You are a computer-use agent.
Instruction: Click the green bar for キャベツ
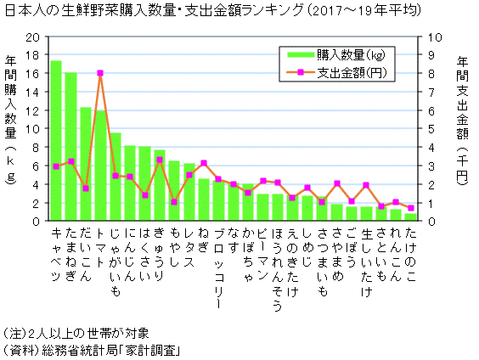(56, 141)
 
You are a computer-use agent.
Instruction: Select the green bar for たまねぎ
(70, 147)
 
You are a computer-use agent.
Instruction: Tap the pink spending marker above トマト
(100, 73)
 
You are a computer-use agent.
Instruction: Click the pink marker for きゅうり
(160, 160)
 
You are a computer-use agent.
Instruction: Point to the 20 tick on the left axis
(33, 37)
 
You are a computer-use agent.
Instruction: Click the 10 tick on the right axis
(432, 37)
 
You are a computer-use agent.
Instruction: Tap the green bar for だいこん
(86, 164)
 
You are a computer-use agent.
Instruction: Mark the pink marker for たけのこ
(411, 208)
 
